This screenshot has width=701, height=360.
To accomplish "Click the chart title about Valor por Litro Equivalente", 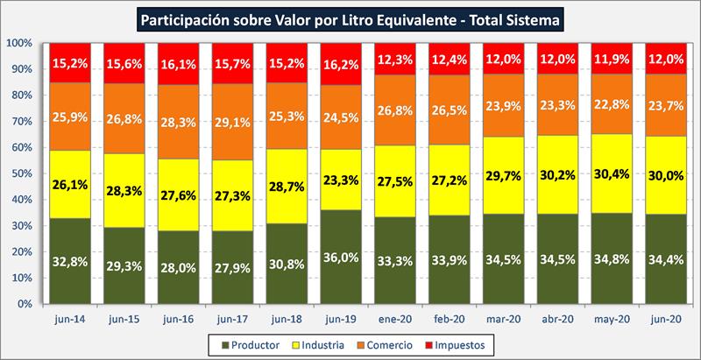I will coord(350,18).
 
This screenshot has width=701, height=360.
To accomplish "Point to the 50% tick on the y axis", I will coord(22,173).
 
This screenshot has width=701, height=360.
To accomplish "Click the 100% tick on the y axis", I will coord(19,43).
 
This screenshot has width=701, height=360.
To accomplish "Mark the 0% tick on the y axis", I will coord(25,304).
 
